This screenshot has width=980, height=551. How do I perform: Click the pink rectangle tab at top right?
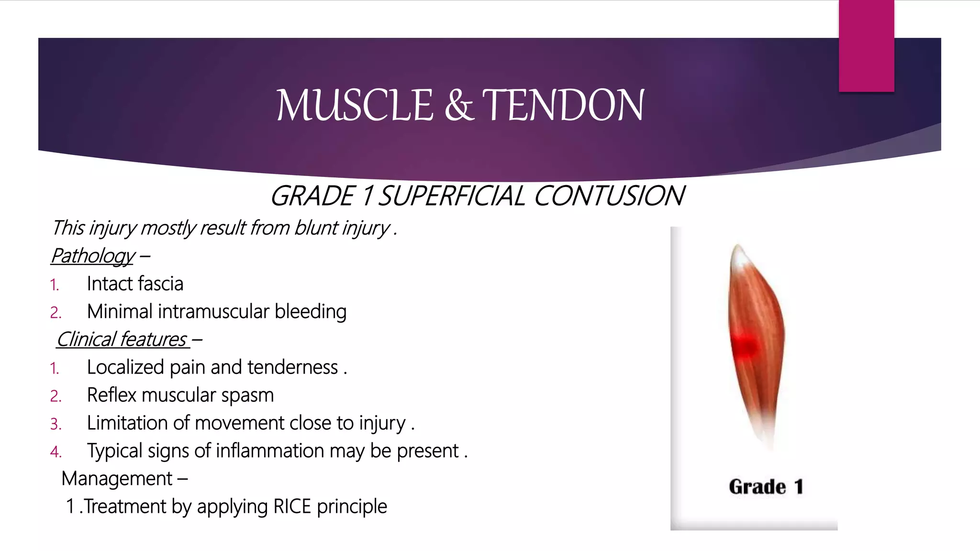866,46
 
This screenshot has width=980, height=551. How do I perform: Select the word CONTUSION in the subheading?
609,196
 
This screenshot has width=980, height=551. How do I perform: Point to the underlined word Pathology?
93,256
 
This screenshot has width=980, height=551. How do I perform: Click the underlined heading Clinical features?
122,340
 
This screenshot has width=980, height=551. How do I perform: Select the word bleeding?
311,311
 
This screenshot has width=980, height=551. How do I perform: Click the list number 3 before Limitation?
56,424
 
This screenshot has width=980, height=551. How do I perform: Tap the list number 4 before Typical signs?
56,452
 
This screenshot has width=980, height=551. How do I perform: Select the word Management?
117,479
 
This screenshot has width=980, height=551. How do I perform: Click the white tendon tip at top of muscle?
740,256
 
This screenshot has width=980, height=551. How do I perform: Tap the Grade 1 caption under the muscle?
766,487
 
